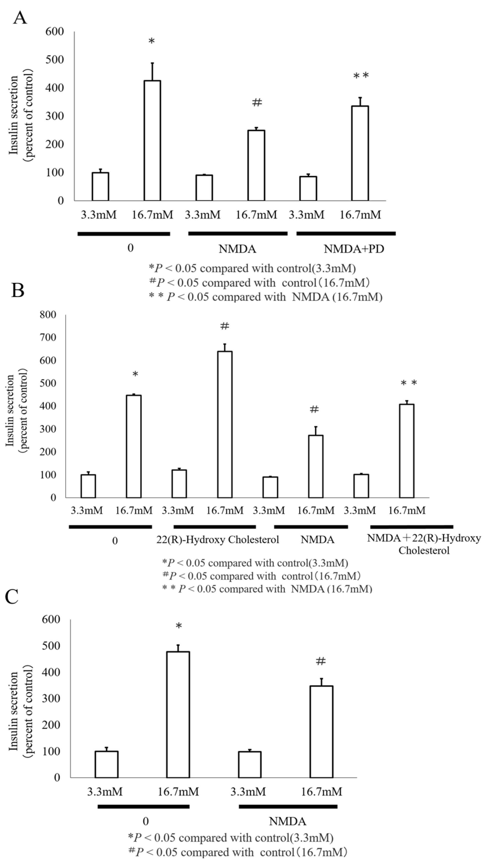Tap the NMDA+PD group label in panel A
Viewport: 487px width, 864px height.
pos(354,249)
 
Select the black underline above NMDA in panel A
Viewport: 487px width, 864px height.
pos(238,233)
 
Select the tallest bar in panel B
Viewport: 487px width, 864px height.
pos(224,424)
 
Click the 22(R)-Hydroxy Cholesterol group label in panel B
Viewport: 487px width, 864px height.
pos(217,540)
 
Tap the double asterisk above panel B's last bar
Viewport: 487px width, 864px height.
pos(409,383)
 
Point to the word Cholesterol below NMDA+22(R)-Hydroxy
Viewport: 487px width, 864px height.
pos(424,550)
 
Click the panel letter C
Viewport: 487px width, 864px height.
pos(12,597)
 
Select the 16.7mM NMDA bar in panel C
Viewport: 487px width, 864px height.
pos(321,731)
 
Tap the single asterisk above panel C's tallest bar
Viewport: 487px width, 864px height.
pos(179,626)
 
